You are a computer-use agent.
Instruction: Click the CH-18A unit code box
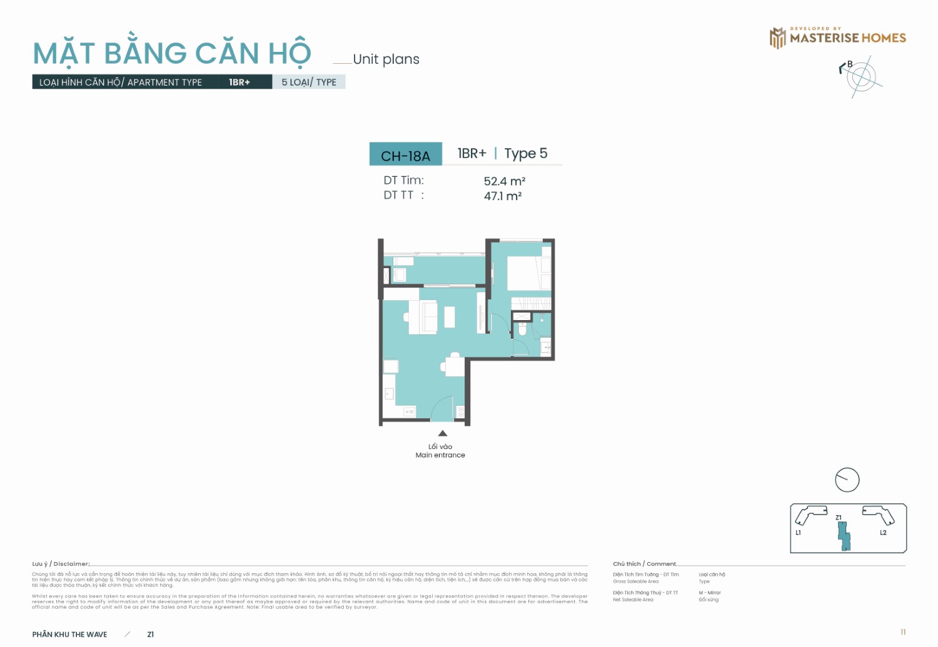pos(405,155)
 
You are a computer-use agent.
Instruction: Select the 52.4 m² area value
pos(504,181)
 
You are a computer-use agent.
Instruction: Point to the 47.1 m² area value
pos(502,196)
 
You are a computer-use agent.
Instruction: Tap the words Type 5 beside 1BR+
pos(525,153)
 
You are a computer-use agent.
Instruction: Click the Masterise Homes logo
pos(837,38)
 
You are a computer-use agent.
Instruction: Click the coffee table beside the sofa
pos(450,317)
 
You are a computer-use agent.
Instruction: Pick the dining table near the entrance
pos(455,366)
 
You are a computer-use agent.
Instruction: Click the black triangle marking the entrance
pos(443,433)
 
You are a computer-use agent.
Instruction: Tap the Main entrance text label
pos(440,455)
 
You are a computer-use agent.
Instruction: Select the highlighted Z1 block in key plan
pos(844,536)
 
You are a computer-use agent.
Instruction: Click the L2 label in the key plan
pos(883,533)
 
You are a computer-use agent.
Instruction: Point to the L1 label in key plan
pos(798,533)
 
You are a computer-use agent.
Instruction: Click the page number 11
pos(903,632)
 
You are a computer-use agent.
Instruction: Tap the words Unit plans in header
pos(386,59)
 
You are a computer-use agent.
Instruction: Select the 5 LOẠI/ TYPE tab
pos(309,82)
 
